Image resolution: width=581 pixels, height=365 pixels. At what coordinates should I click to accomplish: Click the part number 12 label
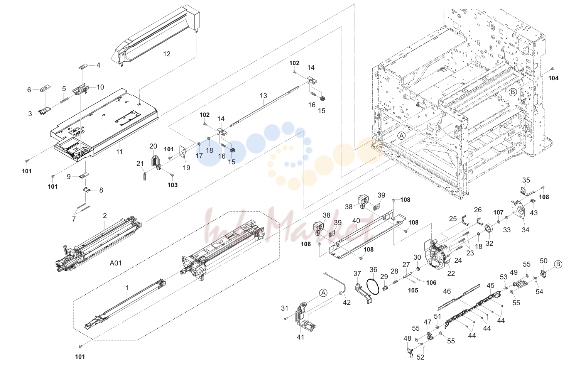pyautogui.click(x=167, y=54)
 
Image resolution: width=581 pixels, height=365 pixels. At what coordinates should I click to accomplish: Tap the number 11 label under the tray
pyautogui.click(x=119, y=152)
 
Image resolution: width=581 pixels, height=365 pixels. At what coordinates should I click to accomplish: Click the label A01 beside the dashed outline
pyautogui.click(x=116, y=263)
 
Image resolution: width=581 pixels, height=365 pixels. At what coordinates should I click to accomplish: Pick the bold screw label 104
pyautogui.click(x=553, y=78)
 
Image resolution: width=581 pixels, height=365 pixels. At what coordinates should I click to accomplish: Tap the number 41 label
pyautogui.click(x=301, y=337)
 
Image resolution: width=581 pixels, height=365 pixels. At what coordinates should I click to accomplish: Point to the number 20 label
pyautogui.click(x=153, y=146)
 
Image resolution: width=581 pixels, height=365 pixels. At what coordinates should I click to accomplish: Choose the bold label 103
pyautogui.click(x=172, y=185)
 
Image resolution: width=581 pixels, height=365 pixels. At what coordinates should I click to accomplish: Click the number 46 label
pyautogui.click(x=447, y=291)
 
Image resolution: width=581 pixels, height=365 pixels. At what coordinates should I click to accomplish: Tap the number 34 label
pyautogui.click(x=525, y=230)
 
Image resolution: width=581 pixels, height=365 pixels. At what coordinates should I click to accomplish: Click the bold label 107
pyautogui.click(x=498, y=213)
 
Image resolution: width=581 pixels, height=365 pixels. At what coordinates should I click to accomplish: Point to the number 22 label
pyautogui.click(x=451, y=274)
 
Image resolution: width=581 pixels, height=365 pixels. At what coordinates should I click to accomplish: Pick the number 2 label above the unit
pyautogui.click(x=105, y=216)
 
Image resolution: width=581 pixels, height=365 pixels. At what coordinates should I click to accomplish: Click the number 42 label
pyautogui.click(x=347, y=302)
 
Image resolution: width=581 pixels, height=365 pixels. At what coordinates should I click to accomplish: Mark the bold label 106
pyautogui.click(x=431, y=282)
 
